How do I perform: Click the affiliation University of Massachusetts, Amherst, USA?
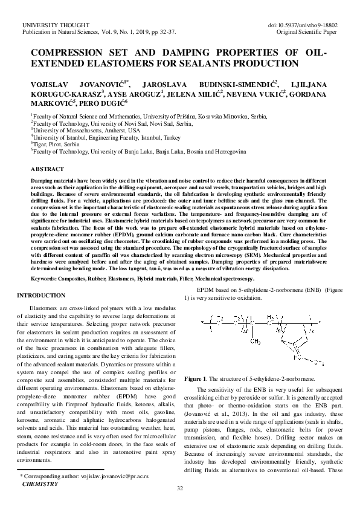[88, 130]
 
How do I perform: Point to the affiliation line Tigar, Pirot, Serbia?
[56, 144]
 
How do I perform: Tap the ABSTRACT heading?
[47, 169]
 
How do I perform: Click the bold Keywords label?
[48, 280]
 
